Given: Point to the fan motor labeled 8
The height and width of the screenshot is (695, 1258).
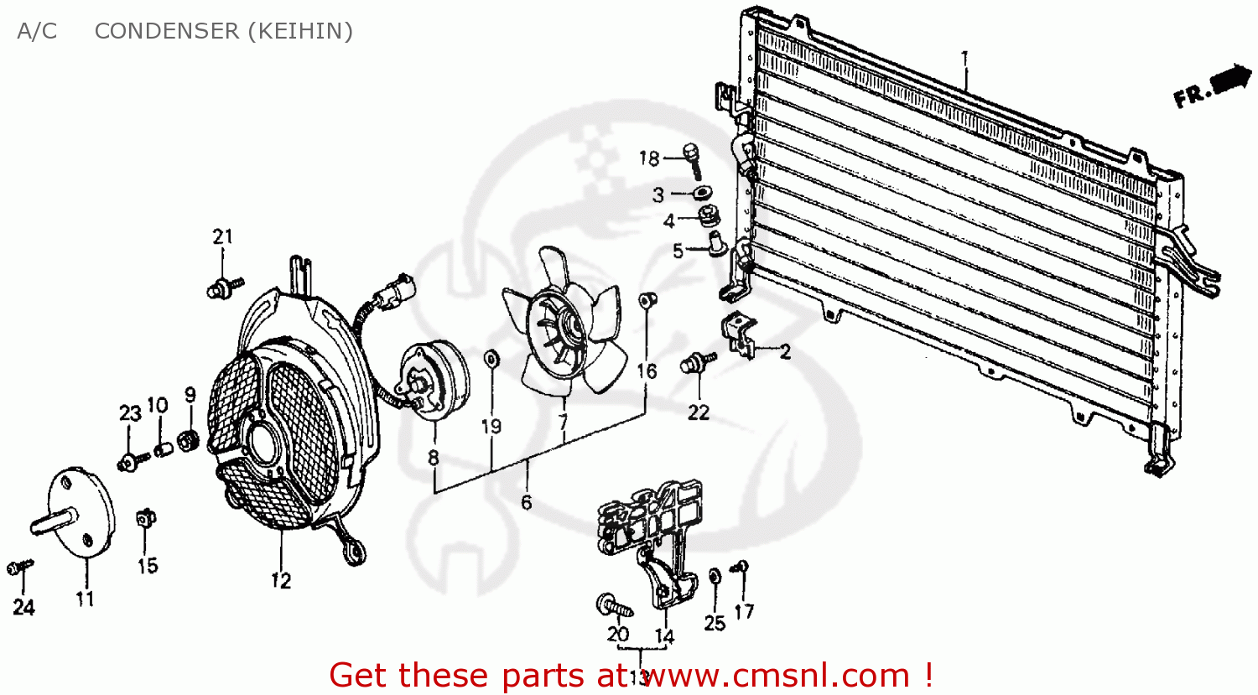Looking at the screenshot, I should click(434, 380).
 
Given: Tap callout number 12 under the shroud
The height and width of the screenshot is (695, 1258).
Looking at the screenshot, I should click(280, 580).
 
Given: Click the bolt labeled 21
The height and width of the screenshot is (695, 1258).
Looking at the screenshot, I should click(223, 288).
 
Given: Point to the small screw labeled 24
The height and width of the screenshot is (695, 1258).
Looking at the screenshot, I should click(19, 568).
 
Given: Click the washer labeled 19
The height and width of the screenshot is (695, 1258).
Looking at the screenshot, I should click(491, 360).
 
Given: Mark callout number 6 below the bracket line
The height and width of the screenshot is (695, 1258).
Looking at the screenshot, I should click(526, 502).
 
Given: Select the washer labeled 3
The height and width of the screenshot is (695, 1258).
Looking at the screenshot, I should click(703, 194).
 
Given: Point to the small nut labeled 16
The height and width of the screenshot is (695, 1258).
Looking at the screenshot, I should click(647, 300).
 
